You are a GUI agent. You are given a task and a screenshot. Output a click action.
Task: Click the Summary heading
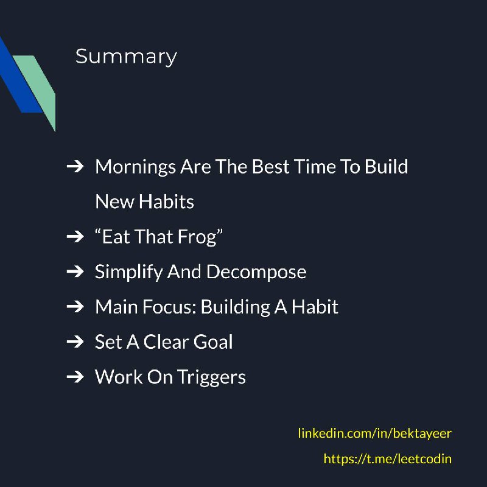coord(126,57)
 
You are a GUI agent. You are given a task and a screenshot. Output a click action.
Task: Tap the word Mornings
coord(135,167)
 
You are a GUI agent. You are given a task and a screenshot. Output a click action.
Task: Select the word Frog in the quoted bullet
coord(197,237)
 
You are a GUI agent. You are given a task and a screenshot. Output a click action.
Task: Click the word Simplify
coord(128,272)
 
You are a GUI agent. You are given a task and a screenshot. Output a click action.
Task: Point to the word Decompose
coord(256,272)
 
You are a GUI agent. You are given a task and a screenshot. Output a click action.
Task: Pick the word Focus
coord(169,307)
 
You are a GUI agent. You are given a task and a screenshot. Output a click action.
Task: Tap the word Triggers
coord(211,377)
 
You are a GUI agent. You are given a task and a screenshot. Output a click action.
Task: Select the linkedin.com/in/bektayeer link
coord(374,433)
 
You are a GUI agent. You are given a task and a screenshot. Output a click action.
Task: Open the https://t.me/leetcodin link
coord(387,459)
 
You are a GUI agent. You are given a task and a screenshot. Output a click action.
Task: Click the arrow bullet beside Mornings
coord(75,166)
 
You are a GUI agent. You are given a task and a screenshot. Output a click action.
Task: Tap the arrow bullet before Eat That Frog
coord(75,237)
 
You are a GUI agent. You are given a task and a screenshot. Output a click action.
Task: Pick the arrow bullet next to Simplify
coord(75,272)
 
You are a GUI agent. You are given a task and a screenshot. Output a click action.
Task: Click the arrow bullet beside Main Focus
coord(75,307)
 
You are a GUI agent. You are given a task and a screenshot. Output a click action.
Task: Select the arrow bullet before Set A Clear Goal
coord(75,342)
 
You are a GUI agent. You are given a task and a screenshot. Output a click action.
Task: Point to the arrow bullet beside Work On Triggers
coord(75,377)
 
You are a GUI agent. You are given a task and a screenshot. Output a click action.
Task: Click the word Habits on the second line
coord(166,202)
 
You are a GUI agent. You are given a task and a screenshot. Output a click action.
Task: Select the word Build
coord(386,167)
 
